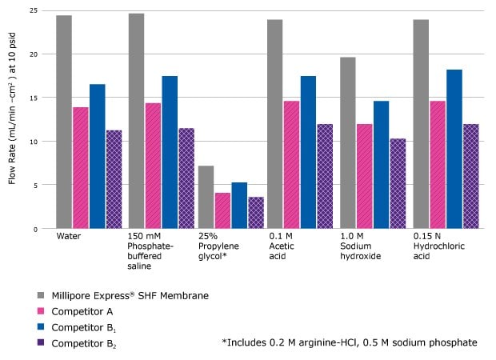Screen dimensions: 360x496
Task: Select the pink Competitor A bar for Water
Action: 81,168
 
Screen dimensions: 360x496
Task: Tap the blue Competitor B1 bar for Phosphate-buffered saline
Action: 170,152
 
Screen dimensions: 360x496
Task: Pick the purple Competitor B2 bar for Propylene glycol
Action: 256,213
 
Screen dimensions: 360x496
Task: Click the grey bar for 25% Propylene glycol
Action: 206,197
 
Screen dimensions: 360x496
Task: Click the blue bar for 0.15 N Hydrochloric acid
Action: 454,149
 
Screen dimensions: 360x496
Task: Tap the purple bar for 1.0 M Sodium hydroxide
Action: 398,183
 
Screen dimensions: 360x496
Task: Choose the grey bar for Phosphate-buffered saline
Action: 136,121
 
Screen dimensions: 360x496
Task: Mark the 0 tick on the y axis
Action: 34,229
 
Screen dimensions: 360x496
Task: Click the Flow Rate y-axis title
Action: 12,120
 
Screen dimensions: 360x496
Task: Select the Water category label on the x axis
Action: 68,238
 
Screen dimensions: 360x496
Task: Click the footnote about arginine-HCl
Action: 350,342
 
